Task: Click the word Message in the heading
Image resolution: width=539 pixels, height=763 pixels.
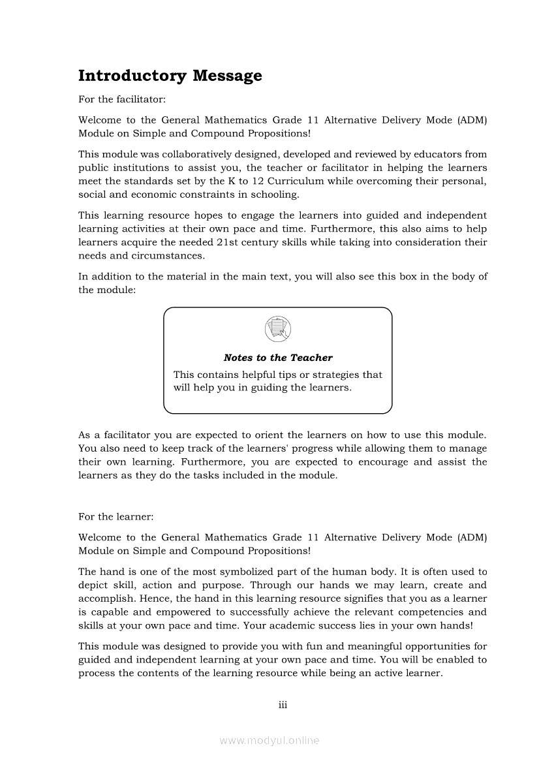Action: (227, 76)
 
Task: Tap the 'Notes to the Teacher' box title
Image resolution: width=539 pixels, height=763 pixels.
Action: (278, 358)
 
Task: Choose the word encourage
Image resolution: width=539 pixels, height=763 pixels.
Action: (388, 462)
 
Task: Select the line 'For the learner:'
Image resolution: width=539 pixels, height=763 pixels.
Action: (115, 516)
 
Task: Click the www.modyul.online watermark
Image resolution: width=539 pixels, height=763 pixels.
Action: (269, 741)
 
